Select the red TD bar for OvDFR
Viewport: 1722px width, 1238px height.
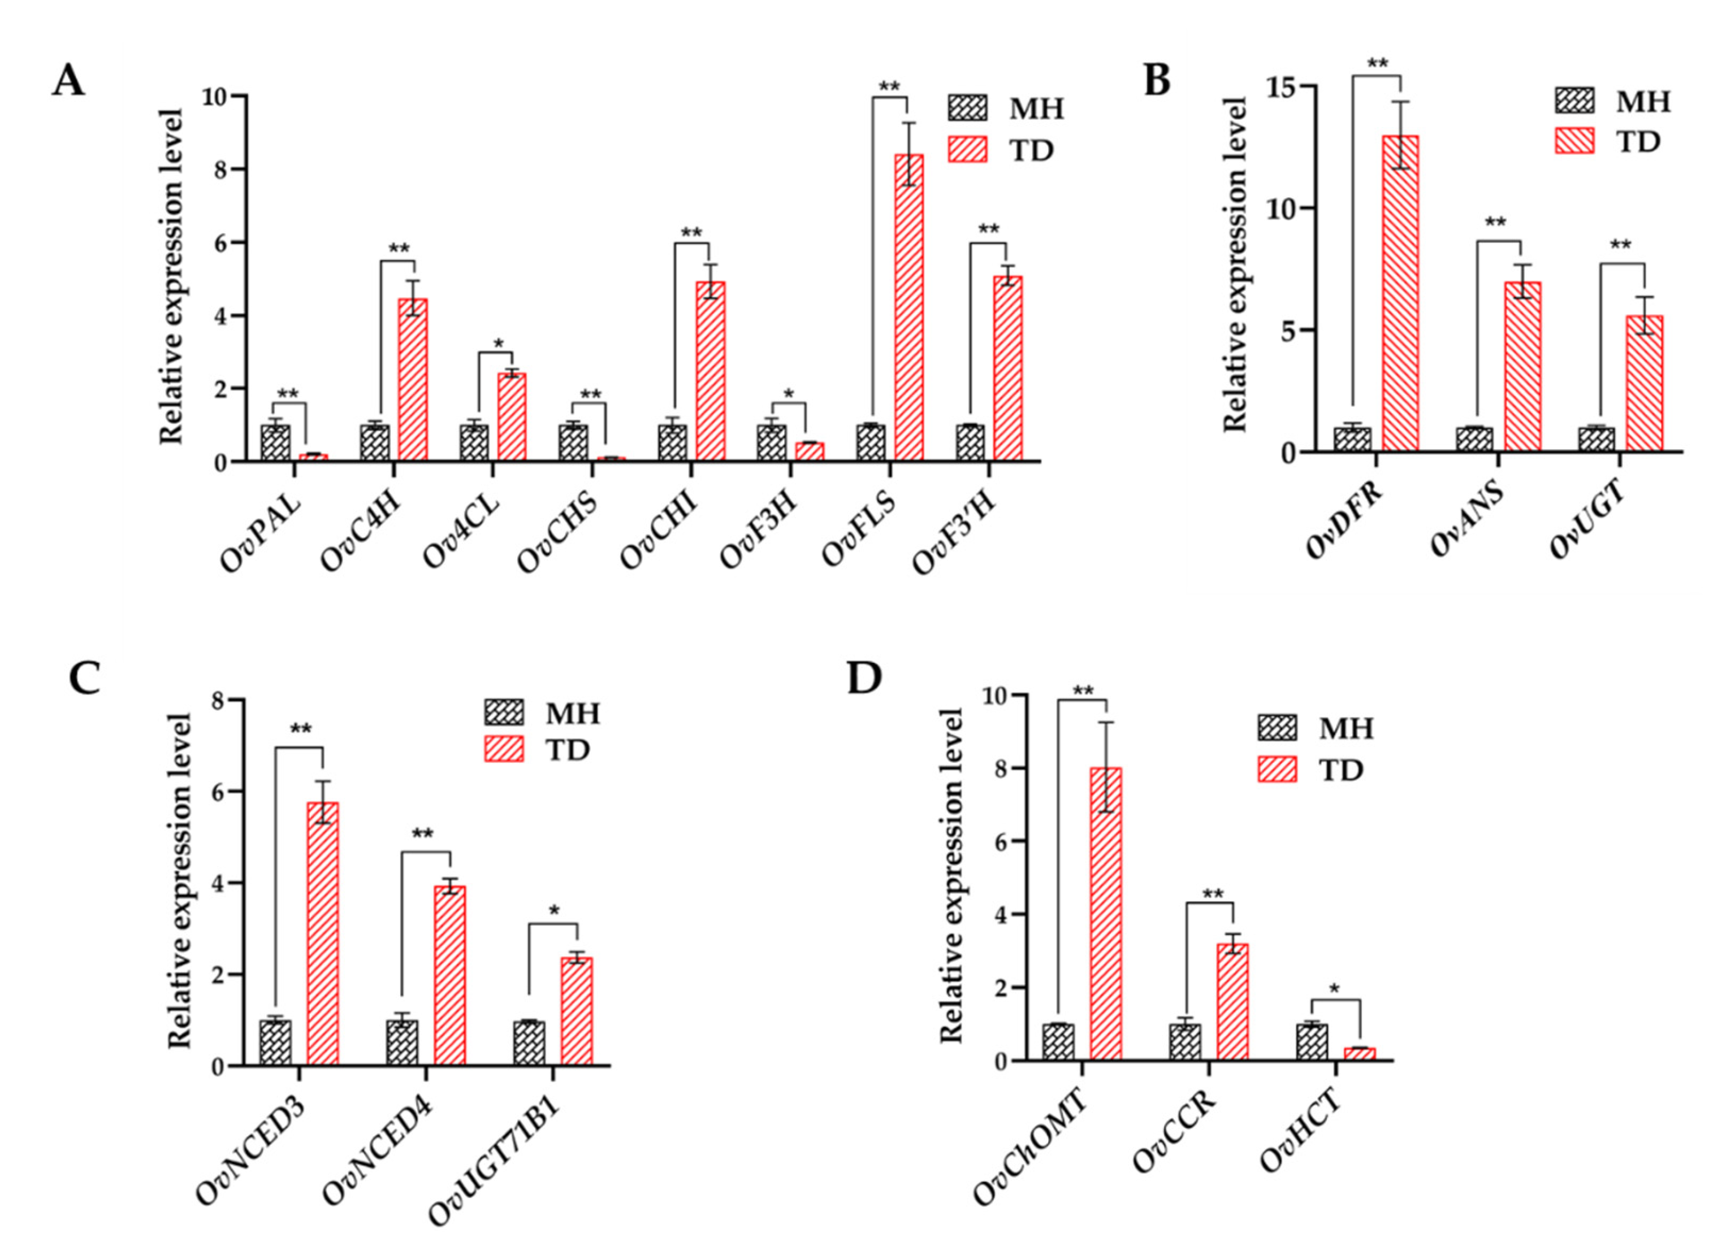[x=1400, y=294]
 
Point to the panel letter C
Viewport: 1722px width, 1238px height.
[x=84, y=678]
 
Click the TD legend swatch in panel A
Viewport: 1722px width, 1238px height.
[x=967, y=150]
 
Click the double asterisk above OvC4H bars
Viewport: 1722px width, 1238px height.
[x=399, y=249]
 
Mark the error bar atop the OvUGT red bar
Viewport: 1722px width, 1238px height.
[x=1645, y=315]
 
